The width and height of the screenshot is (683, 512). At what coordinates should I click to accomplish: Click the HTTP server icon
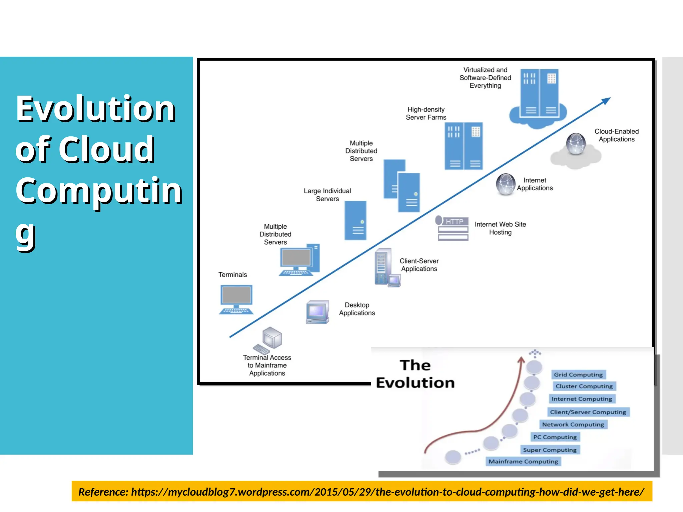tap(453, 228)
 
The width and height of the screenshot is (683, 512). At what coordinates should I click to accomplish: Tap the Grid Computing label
tap(578, 374)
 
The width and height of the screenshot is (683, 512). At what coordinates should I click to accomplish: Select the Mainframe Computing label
tap(523, 461)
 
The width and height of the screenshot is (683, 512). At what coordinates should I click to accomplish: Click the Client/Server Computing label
tap(588, 412)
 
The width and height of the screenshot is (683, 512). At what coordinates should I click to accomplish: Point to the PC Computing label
tap(555, 437)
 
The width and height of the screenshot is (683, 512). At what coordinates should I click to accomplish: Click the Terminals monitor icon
tap(236, 299)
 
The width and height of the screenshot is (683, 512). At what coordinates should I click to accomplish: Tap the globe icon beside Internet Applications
tap(506, 184)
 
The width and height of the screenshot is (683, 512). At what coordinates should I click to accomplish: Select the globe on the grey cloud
tap(576, 144)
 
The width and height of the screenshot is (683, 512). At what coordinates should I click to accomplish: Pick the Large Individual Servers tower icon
tap(355, 220)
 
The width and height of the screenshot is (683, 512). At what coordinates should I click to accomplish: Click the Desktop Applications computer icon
tap(317, 312)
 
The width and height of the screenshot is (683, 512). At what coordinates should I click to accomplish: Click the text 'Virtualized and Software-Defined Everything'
tap(485, 78)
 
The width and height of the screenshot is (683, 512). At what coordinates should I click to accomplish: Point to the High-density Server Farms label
tap(426, 113)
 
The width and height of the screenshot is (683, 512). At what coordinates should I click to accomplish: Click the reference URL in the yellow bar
tap(387, 492)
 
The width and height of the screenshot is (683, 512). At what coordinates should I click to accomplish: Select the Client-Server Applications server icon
tap(386, 267)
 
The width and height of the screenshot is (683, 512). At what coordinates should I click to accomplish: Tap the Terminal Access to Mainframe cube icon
tap(271, 338)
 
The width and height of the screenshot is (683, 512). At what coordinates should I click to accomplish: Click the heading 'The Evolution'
tap(415, 374)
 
